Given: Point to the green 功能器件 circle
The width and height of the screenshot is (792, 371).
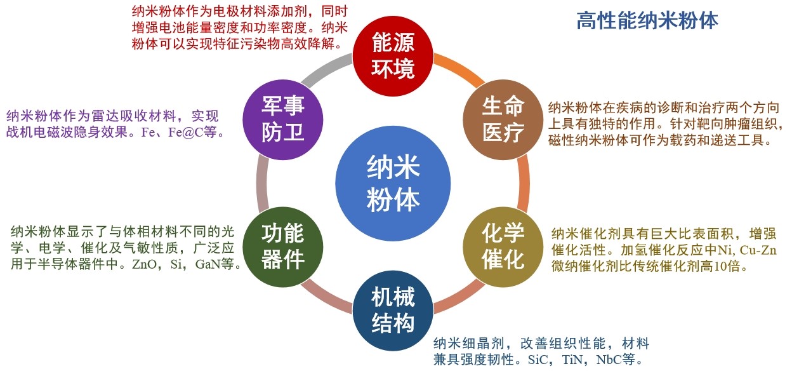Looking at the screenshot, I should click(x=283, y=246).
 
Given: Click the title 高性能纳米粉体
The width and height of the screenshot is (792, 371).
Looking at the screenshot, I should click(x=647, y=20).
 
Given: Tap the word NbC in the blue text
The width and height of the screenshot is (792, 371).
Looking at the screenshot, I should click(x=608, y=360).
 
